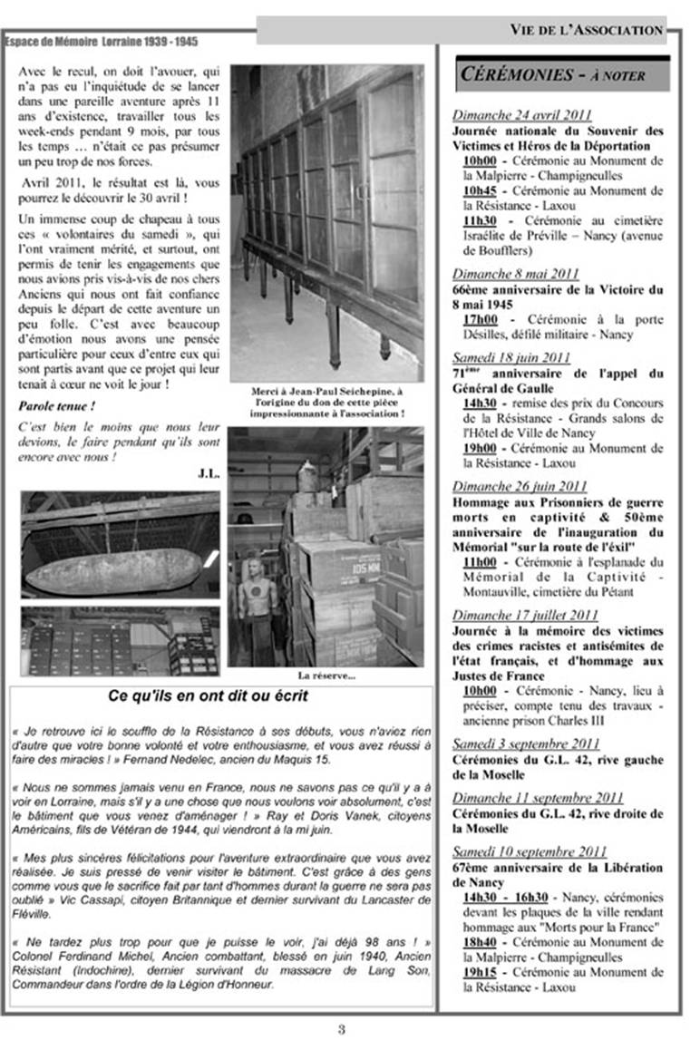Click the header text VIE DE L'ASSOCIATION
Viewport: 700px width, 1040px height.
coord(586,30)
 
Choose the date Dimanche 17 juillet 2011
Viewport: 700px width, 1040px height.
coord(525,615)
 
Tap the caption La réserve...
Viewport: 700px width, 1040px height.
coord(326,675)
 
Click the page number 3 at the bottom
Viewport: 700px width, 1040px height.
coord(341,1028)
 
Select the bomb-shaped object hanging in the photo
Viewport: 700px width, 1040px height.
coord(113,571)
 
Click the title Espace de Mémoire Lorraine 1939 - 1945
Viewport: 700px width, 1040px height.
coord(101,42)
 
